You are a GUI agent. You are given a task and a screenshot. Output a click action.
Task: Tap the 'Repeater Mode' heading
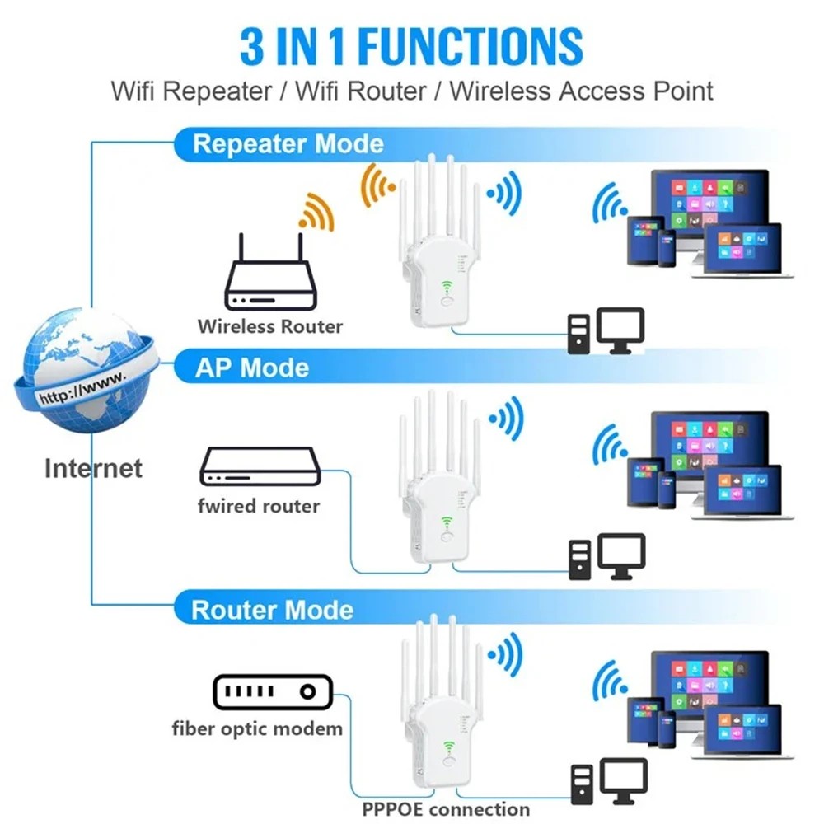(x=288, y=144)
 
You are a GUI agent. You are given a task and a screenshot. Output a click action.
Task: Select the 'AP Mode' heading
(x=251, y=368)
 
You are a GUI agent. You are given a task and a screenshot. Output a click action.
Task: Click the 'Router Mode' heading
(x=272, y=610)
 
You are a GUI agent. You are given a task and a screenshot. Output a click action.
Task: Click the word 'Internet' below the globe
(x=93, y=468)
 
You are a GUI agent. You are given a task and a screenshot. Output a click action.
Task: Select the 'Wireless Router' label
(x=269, y=326)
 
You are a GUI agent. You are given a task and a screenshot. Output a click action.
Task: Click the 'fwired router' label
(x=258, y=505)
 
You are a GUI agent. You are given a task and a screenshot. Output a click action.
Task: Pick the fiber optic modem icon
(x=272, y=692)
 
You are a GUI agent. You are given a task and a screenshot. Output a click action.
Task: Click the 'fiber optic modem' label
(x=257, y=728)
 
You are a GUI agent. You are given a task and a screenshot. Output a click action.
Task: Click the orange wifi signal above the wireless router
(x=316, y=212)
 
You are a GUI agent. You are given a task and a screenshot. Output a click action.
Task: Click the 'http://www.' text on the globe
(x=82, y=387)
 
